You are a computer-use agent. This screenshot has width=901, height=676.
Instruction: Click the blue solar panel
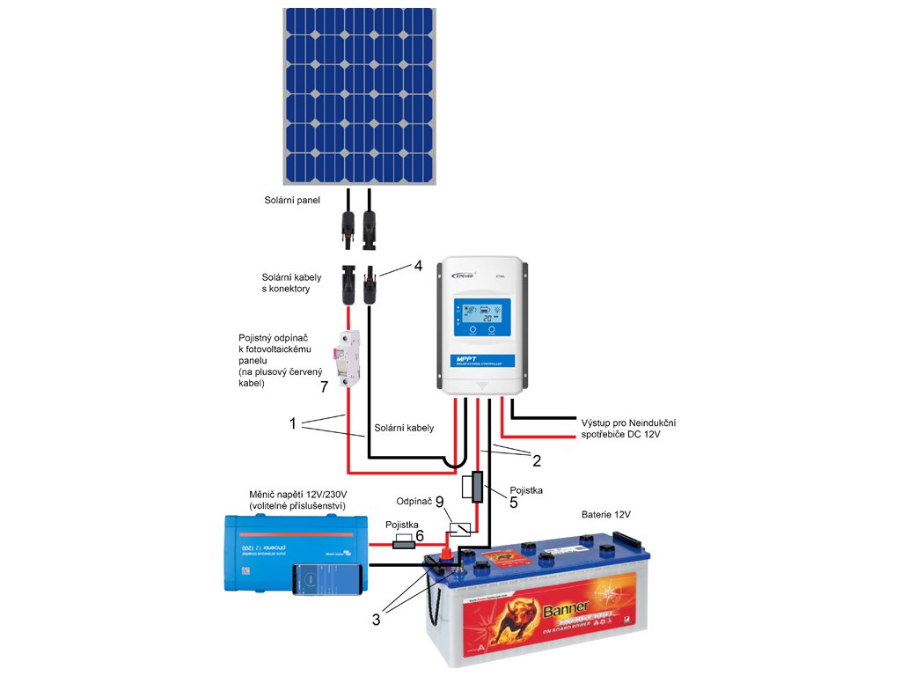coord(359,97)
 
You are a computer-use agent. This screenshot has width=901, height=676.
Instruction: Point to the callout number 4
coord(419,265)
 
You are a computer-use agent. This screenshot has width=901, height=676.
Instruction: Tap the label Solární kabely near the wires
coord(404,428)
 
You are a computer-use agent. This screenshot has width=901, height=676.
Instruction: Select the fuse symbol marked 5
coord(477,487)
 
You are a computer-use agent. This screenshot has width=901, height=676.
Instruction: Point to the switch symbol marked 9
coord(459,529)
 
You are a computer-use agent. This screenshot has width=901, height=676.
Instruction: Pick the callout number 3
coord(377,619)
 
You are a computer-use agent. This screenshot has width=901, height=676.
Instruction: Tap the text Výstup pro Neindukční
coord(627,422)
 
